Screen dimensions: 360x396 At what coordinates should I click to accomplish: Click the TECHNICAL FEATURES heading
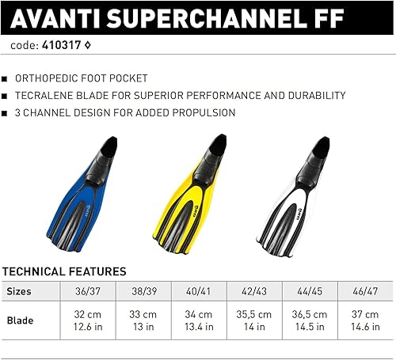pyautogui.click(x=64, y=271)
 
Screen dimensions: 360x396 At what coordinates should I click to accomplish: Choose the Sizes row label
pyautogui.click(x=20, y=291)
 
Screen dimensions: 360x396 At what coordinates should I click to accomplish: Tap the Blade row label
pyautogui.click(x=20, y=322)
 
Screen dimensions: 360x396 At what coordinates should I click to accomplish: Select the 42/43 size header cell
pyautogui.click(x=254, y=291)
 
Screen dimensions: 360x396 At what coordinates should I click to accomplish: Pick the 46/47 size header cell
pyautogui.click(x=364, y=291)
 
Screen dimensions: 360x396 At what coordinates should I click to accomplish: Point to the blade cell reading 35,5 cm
pyautogui.click(x=254, y=322)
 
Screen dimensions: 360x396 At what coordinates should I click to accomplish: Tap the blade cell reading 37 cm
pyautogui.click(x=364, y=322)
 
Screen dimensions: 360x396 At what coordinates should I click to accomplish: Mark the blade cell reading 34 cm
pyautogui.click(x=199, y=322)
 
